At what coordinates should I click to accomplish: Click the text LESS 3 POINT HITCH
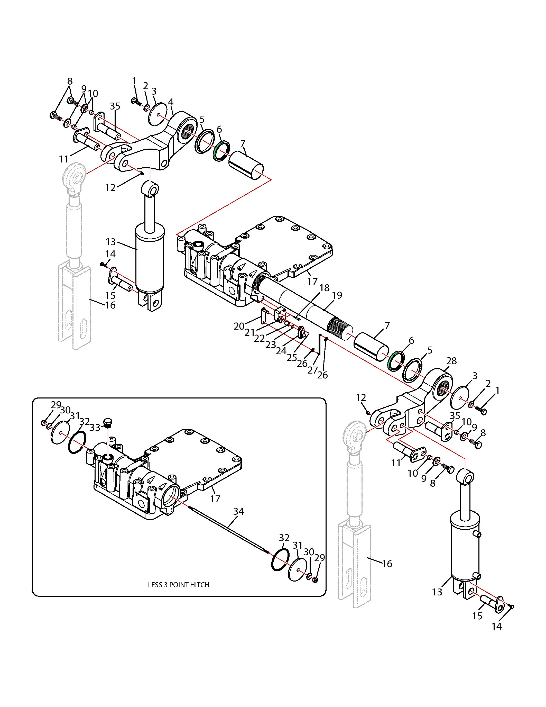point(179,584)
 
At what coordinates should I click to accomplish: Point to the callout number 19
point(337,295)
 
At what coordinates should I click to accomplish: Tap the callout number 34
point(239,511)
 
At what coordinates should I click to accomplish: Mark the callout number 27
point(312,370)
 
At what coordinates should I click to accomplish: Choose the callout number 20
point(239,326)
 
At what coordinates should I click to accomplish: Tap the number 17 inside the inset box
point(215,499)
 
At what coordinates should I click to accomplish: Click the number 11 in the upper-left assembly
point(64,159)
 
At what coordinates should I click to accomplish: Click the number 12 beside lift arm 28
point(361,397)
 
